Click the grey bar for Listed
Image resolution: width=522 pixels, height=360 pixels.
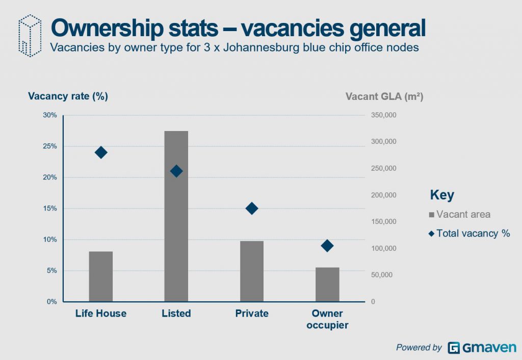[x=176, y=216]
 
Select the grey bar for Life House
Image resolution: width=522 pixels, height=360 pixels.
[x=100, y=276]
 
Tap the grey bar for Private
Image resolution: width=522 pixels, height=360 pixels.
[x=251, y=271]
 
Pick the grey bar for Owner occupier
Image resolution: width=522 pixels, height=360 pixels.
[x=327, y=285]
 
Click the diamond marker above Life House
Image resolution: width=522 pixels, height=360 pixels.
[x=101, y=152]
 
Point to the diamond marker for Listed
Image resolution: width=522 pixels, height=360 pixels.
[x=176, y=171]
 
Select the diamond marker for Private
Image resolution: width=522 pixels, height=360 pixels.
[x=252, y=208]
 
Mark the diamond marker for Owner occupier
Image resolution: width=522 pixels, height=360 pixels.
[x=327, y=246]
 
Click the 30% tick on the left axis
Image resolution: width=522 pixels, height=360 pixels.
[x=49, y=115]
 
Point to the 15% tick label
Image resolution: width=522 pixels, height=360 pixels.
[x=49, y=209]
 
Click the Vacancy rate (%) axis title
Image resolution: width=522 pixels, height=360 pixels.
[x=68, y=96]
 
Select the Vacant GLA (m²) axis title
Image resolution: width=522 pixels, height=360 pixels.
[x=384, y=96]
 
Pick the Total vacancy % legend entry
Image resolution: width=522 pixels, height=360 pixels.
[x=469, y=234]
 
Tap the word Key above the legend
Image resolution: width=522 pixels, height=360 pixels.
[x=442, y=195]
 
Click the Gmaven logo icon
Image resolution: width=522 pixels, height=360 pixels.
[x=454, y=348]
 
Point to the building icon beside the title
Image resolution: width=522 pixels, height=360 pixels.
[x=29, y=35]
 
